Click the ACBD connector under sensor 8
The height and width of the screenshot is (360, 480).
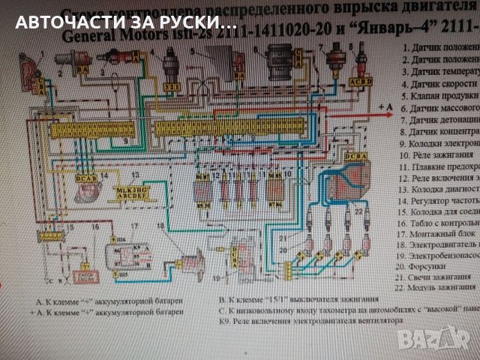point(361,81)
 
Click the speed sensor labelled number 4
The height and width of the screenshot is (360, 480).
point(171,64)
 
